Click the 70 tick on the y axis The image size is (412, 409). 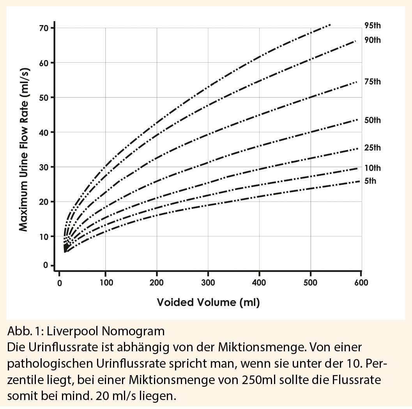click(43, 28)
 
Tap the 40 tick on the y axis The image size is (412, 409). click(43, 132)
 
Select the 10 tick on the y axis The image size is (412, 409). click(43, 236)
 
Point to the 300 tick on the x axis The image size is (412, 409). click(208, 283)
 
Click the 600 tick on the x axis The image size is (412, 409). click(361, 283)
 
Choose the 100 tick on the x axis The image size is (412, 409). click(105, 283)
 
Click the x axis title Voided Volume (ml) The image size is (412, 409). click(208, 302)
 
